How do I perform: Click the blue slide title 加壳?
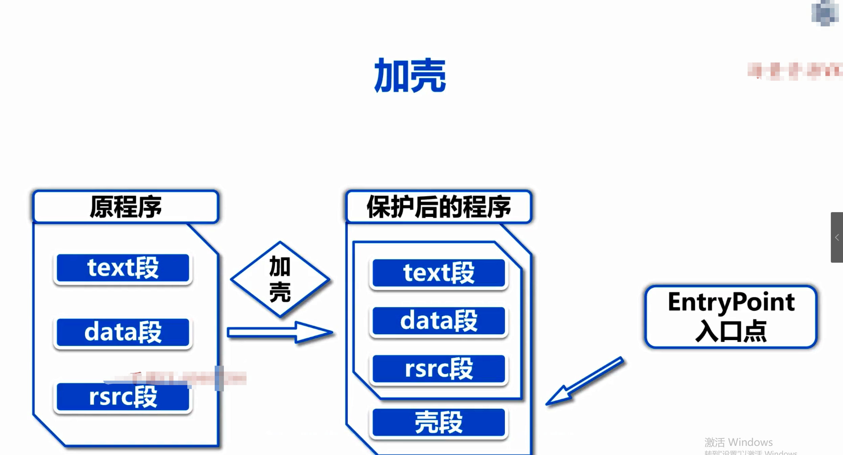coord(410,75)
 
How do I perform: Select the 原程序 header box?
coord(126,207)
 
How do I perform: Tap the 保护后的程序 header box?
coord(439,207)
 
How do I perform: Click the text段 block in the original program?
coord(123,268)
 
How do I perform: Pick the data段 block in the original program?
coord(123,332)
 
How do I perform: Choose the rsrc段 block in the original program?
coord(123,397)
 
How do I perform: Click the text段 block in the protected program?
coord(439,273)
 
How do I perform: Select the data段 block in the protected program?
coord(439,321)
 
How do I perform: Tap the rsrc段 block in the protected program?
coord(439,369)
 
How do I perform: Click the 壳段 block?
coord(439,423)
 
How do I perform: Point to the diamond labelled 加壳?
coord(280,279)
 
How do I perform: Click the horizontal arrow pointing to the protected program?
coord(279,333)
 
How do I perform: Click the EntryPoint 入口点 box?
coord(731,317)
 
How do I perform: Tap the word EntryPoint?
coord(731,302)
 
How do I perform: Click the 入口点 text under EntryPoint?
coord(731,331)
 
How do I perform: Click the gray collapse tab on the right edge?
coord(837,237)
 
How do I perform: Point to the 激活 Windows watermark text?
coord(739,442)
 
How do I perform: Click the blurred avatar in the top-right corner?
coord(825,13)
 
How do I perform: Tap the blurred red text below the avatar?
coord(795,71)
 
